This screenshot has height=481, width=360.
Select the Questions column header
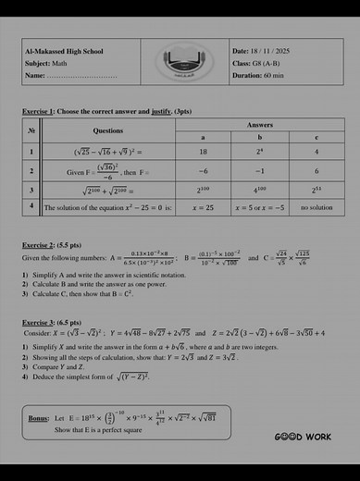pyautogui.click(x=108, y=130)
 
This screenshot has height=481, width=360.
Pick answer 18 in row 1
pyautogui.click(x=203, y=151)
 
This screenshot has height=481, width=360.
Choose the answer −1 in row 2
pyautogui.click(x=260, y=171)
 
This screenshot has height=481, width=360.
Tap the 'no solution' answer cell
pyautogui.click(x=317, y=208)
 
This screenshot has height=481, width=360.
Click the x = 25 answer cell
pyautogui.click(x=203, y=208)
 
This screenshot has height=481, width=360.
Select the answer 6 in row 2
pyautogui.click(x=317, y=171)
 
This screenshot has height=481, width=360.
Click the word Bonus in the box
pyautogui.click(x=38, y=418)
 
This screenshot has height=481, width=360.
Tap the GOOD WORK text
pyautogui.click(x=303, y=436)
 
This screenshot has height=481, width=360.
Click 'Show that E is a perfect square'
pyautogui.click(x=102, y=430)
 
